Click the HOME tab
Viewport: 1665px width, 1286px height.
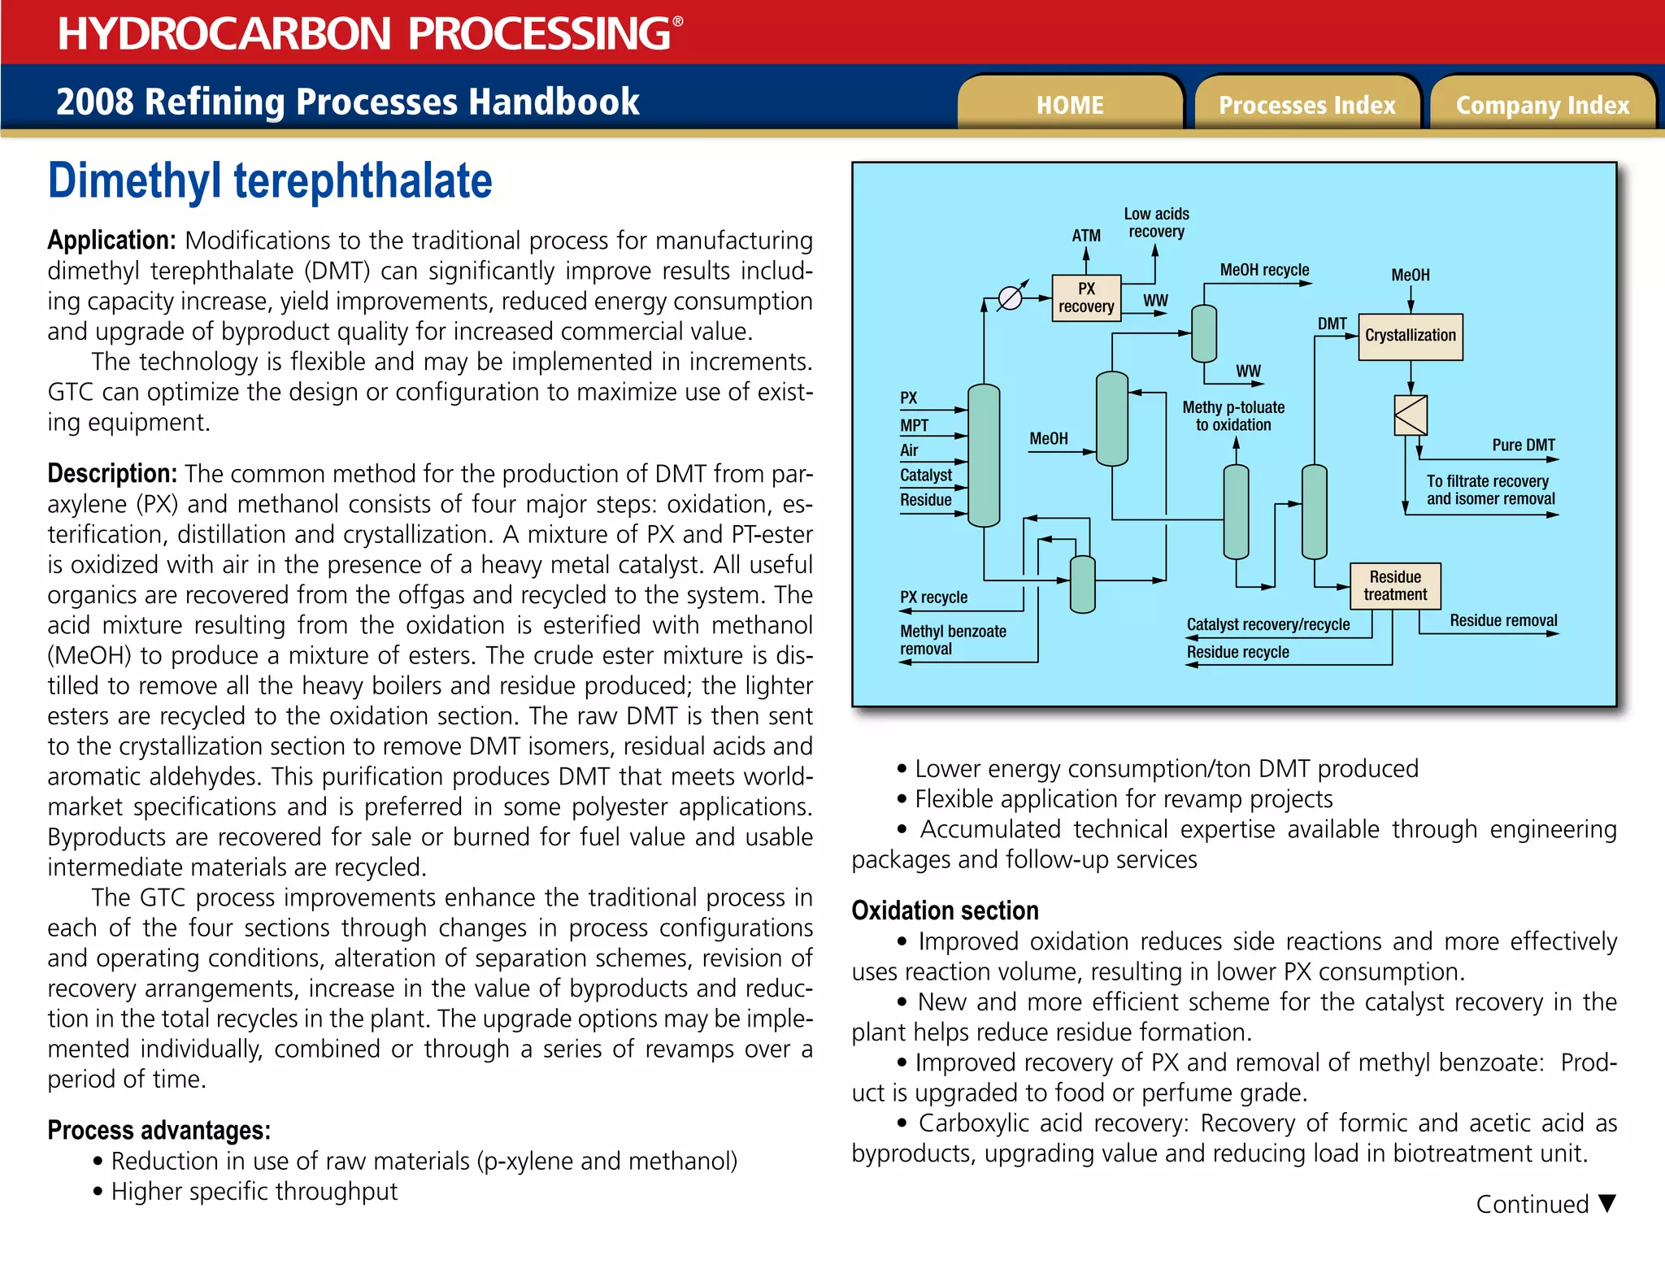[x=1069, y=105]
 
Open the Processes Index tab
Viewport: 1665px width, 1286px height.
[x=1306, y=105]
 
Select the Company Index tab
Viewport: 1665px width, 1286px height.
[x=1542, y=105]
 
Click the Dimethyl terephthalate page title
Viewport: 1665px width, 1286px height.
[x=270, y=180]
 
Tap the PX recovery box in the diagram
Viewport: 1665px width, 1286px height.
[x=1086, y=298]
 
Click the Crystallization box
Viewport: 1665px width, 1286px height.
[x=1410, y=336]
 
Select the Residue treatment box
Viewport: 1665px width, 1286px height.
[x=1395, y=585]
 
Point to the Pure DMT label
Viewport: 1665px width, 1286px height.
[x=1523, y=445]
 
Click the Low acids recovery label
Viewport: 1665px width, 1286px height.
[x=1156, y=223]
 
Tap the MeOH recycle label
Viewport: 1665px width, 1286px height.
[x=1264, y=270]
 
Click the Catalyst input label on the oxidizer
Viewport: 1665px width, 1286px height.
[x=925, y=475]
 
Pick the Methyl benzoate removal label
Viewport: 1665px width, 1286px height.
[x=952, y=640]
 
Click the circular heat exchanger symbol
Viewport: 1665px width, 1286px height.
[x=1010, y=298]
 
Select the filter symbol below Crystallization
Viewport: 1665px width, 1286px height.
[x=1411, y=415]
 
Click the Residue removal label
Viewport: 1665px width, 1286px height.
[x=1503, y=620]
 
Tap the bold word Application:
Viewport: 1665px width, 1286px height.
[x=111, y=241]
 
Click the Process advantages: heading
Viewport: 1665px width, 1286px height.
[x=159, y=1130]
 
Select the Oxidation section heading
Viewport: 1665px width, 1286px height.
[x=945, y=910]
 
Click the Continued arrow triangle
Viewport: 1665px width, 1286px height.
[x=1606, y=1203]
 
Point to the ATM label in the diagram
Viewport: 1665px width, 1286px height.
[x=1085, y=236]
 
